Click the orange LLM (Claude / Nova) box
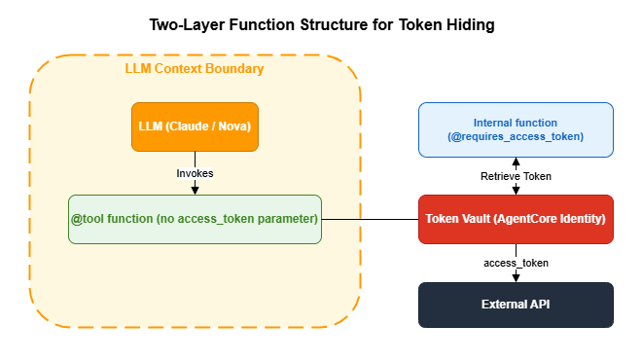point(196,126)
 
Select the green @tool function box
point(196,219)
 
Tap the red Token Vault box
point(516,219)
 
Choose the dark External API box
point(516,305)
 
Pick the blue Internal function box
point(516,129)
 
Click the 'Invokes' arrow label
point(196,173)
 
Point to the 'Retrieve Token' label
point(516,176)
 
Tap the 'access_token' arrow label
point(516,263)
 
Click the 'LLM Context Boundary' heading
point(195,70)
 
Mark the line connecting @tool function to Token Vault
point(370,219)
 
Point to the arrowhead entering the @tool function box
point(196,190)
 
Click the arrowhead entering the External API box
point(516,278)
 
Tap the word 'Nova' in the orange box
point(228,126)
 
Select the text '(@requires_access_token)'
point(516,137)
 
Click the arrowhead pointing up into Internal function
point(516,162)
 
